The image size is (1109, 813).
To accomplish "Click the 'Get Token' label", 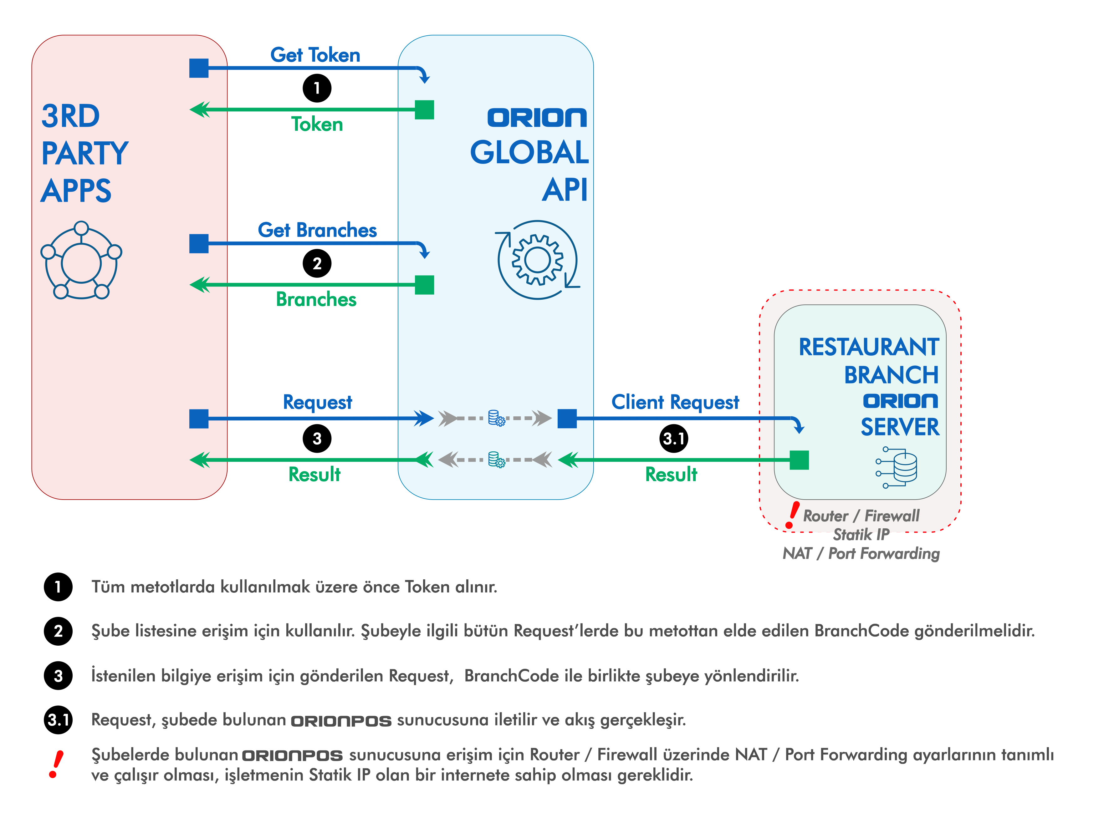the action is tap(315, 55).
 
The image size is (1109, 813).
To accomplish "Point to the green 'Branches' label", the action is tap(316, 299).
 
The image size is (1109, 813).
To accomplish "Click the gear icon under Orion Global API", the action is tap(538, 260).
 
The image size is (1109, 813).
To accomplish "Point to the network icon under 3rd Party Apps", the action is tap(81, 260).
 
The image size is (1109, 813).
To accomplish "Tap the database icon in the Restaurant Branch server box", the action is tap(896, 467).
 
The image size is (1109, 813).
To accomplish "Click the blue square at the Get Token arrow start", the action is tap(199, 68).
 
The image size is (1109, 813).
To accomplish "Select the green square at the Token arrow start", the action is tap(424, 110).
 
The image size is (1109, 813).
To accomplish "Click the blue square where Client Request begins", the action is tap(567, 419).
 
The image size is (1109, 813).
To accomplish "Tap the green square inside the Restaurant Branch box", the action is tap(800, 460).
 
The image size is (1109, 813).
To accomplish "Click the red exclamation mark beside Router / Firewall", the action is tap(791, 515).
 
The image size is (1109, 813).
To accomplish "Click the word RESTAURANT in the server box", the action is tap(869, 347).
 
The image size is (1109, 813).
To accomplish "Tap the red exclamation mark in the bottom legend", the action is tap(56, 764).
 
